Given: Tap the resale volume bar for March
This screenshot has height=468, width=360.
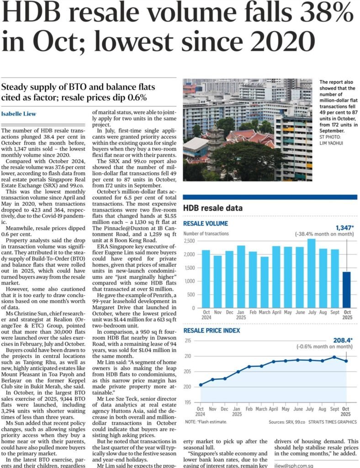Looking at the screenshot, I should (x=265, y=282).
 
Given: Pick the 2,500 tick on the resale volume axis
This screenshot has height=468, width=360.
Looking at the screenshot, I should (x=190, y=241).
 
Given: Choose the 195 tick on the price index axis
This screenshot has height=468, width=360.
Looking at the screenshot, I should (x=188, y=402).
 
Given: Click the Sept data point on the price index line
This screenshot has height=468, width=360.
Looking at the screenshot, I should (x=335, y=357).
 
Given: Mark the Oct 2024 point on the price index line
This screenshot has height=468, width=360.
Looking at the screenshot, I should (x=201, y=384).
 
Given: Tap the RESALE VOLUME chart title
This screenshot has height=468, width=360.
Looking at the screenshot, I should (x=205, y=223).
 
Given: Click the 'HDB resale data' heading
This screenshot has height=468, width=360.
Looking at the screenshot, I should (x=213, y=208).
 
